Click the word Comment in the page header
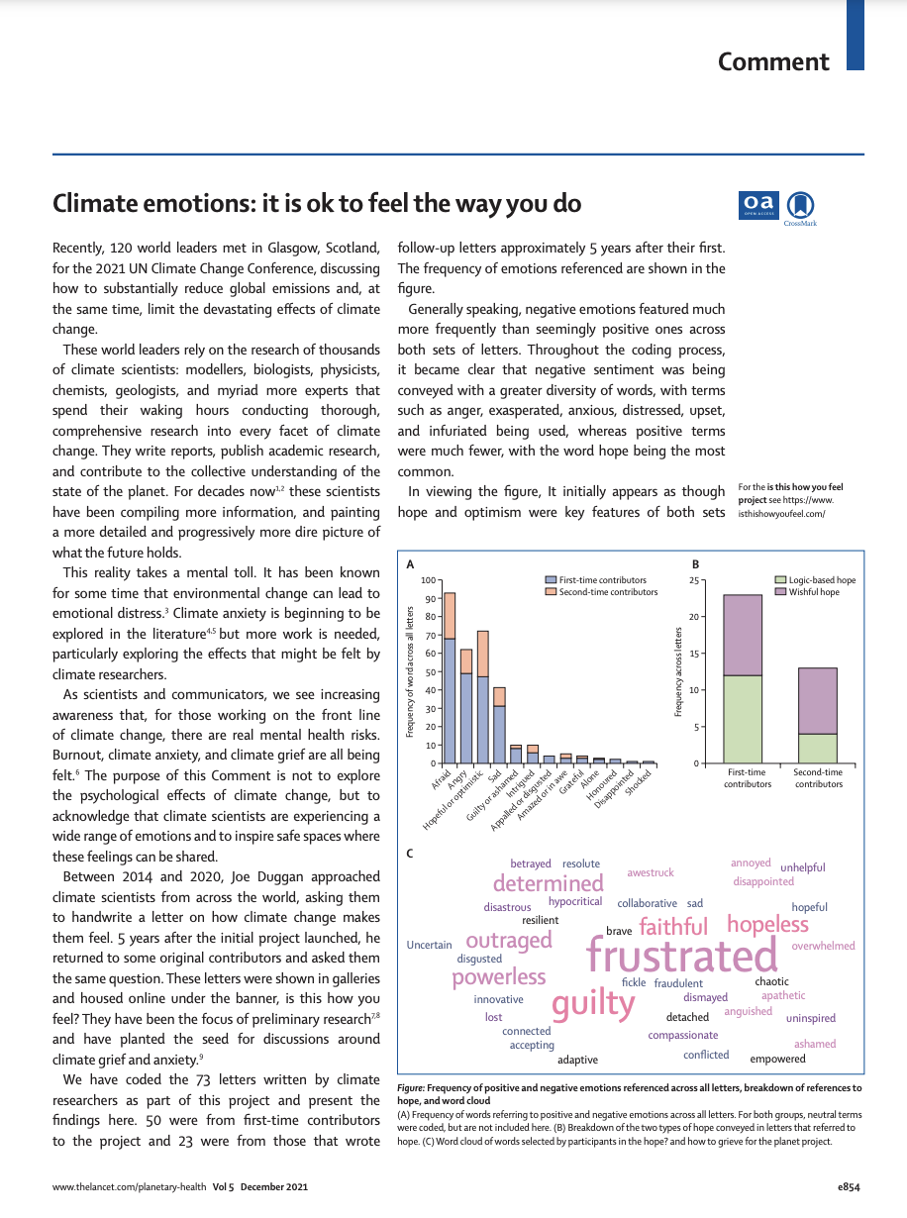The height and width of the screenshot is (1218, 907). click(x=773, y=62)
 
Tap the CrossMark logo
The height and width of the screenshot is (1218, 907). click(x=800, y=206)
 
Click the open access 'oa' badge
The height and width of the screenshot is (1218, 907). click(x=758, y=203)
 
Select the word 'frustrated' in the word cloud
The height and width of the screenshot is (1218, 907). click(x=682, y=957)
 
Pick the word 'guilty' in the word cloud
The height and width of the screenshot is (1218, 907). click(x=593, y=1003)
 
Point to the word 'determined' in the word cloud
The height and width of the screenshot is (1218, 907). click(x=548, y=883)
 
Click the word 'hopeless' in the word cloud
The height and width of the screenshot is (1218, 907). click(x=767, y=925)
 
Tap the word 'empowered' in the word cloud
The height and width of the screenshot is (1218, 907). click(x=777, y=1059)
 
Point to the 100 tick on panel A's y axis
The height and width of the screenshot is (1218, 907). click(x=429, y=580)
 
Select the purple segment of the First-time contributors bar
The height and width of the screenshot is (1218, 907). click(x=743, y=635)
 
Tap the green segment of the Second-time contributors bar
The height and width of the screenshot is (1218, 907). click(x=819, y=748)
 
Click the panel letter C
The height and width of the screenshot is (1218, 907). click(x=411, y=853)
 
